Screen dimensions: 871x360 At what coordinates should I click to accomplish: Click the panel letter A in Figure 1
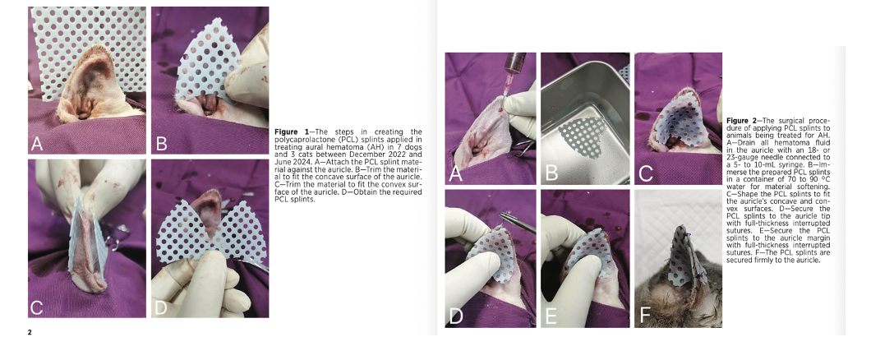point(37,143)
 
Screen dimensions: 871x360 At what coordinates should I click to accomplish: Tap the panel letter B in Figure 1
point(161,143)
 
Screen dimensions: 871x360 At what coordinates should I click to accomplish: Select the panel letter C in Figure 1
point(37,307)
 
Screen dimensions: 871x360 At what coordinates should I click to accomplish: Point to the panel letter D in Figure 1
point(160,307)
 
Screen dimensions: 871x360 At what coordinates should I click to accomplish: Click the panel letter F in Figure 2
point(645,316)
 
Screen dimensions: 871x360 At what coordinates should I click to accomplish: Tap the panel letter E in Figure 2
point(551,316)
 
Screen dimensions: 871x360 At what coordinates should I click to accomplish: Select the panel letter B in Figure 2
point(551,173)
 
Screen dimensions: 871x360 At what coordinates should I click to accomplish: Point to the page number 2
point(30,332)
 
